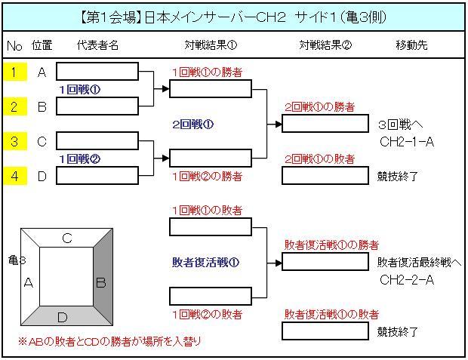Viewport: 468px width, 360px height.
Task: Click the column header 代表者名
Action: click(x=97, y=45)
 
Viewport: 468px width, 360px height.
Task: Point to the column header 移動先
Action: click(x=411, y=45)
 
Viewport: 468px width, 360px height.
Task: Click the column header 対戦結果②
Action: click(x=325, y=45)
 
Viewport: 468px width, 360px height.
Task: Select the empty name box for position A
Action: click(x=97, y=72)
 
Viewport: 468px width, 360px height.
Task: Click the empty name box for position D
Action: click(x=97, y=176)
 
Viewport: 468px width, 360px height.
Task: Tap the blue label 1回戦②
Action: click(x=79, y=159)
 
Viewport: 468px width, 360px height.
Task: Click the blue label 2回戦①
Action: click(x=193, y=124)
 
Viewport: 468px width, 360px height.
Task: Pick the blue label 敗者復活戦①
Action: click(x=205, y=263)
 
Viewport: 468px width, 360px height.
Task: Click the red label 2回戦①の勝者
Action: click(x=319, y=107)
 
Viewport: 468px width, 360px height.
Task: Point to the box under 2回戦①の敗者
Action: click(x=326, y=176)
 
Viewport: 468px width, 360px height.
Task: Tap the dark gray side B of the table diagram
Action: click(x=100, y=282)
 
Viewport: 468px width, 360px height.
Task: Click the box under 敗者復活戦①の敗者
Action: click(x=326, y=331)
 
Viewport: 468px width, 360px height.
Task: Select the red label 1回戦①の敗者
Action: click(x=207, y=210)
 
